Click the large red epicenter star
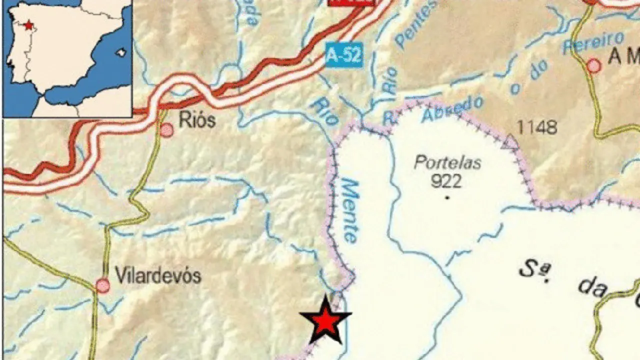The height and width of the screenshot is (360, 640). (325, 320)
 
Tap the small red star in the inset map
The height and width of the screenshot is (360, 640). (28, 24)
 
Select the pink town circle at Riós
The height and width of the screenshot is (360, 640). (167, 130)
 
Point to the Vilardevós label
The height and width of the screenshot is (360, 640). (158, 275)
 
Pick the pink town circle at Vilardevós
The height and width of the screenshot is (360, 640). (103, 285)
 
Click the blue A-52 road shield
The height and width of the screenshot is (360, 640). (343, 55)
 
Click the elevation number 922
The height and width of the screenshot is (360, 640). (445, 180)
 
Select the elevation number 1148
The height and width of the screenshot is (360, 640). (536, 127)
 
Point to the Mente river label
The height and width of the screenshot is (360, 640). (349, 211)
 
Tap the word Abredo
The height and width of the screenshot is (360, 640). (453, 109)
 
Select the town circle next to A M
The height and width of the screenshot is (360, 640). (593, 65)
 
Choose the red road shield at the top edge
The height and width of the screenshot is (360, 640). (351, 2)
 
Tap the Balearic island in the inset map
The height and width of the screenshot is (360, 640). (119, 51)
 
